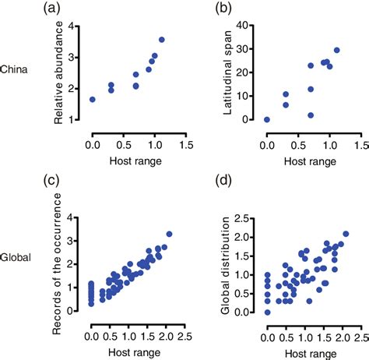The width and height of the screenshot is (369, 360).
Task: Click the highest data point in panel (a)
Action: [x=161, y=40]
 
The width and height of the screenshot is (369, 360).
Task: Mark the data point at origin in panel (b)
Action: [x=267, y=119]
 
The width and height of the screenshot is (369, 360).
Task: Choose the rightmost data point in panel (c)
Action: [x=169, y=233]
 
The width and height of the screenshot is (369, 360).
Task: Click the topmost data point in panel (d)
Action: [x=346, y=233]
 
